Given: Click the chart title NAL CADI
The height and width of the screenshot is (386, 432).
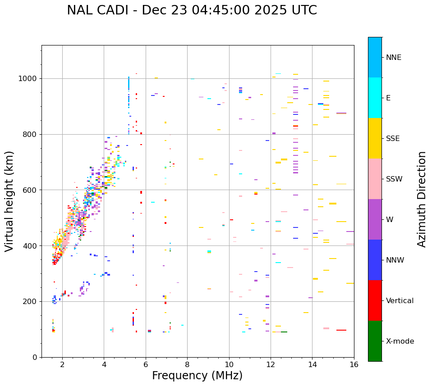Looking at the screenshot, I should click(x=192, y=10).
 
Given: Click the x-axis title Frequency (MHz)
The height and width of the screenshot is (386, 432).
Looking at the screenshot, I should click(x=197, y=376).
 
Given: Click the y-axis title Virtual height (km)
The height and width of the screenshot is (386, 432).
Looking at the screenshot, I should click(x=9, y=201).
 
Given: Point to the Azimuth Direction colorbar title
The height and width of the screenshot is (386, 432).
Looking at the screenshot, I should click(x=422, y=199).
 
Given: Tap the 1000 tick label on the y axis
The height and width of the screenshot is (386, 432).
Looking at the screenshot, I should click(x=28, y=78).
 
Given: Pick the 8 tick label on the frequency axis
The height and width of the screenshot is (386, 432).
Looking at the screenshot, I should click(x=187, y=364).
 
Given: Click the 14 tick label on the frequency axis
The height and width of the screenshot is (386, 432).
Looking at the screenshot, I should click(x=313, y=364).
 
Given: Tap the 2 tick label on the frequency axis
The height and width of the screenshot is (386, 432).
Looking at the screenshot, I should click(x=62, y=364).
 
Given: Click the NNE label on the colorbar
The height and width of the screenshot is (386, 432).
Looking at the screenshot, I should click(x=393, y=58).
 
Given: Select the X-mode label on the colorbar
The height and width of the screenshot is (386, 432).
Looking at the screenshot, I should click(x=400, y=341).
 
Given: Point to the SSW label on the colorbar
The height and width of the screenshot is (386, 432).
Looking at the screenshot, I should click(x=394, y=179).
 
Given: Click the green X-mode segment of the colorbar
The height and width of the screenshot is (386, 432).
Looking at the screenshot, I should click(x=375, y=341).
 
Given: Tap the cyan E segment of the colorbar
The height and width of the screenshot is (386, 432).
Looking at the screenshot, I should click(x=375, y=98).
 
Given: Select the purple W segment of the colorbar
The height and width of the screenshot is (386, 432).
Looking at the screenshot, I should click(x=375, y=219).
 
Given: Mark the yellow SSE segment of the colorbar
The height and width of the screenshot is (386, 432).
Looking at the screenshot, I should click(x=375, y=138).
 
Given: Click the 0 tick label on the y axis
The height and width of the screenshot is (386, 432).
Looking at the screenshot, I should click(x=34, y=357).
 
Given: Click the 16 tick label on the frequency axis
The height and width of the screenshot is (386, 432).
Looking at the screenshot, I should click(x=354, y=364).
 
